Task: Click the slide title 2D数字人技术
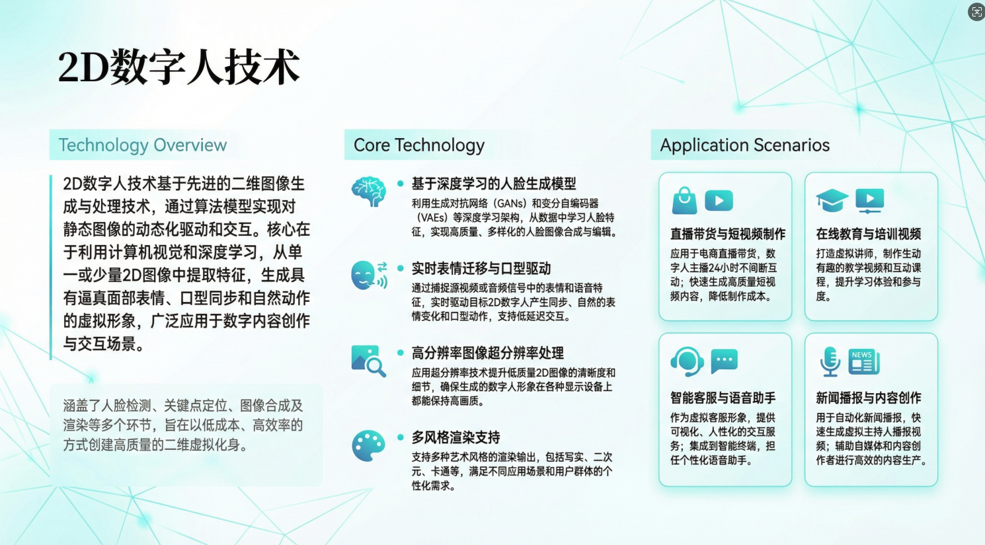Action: click(x=178, y=67)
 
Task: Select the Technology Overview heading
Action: click(x=143, y=145)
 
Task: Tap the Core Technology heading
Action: click(x=419, y=145)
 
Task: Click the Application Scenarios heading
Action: click(x=744, y=145)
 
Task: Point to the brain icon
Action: click(x=368, y=192)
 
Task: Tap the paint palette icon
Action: click(x=368, y=446)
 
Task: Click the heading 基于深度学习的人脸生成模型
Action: click(x=494, y=184)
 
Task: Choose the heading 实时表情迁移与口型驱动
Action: click(x=481, y=268)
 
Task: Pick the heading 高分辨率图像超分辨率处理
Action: click(x=488, y=353)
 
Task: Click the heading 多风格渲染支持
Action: click(x=456, y=437)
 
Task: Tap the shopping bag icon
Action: click(x=684, y=200)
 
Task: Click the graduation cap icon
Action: click(x=832, y=200)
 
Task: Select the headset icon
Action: click(x=687, y=361)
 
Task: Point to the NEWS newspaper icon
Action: click(x=863, y=361)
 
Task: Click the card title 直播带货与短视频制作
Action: click(x=728, y=234)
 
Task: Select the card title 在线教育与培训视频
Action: click(x=868, y=234)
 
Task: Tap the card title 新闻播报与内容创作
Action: click(x=868, y=398)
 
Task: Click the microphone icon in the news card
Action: click(x=830, y=361)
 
